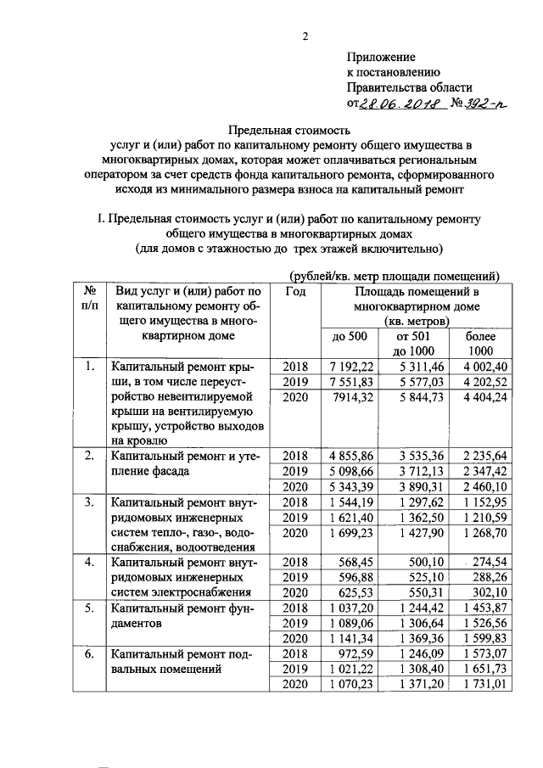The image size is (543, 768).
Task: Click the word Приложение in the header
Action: click(x=381, y=57)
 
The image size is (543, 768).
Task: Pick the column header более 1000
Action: click(x=480, y=344)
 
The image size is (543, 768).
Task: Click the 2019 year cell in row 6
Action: click(x=296, y=670)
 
